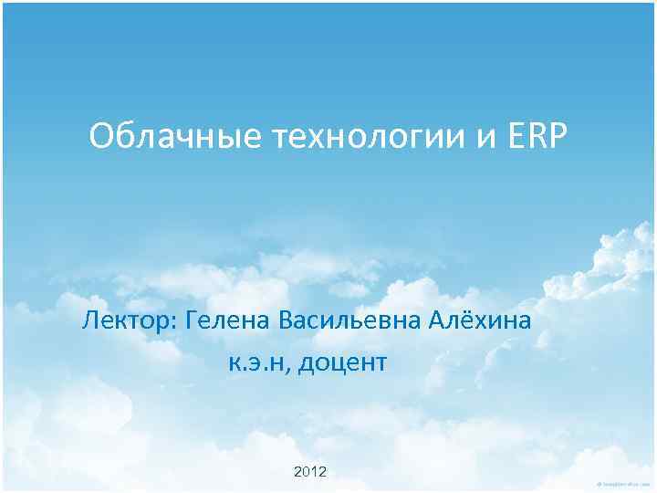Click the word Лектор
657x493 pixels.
127,321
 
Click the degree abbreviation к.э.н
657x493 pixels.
257,363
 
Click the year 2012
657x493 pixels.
310,471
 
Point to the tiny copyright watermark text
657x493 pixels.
623,484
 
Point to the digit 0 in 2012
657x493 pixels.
307,471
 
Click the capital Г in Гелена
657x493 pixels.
191,321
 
